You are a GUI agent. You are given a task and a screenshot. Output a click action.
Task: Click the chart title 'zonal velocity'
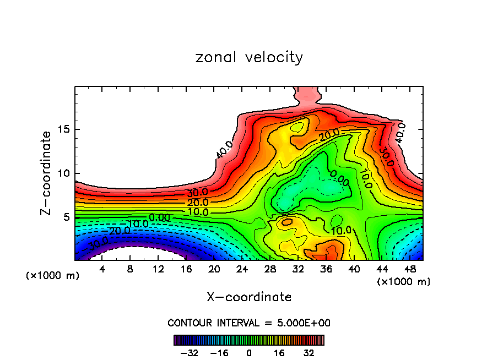249,57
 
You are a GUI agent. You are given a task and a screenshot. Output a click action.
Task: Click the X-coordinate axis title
249,297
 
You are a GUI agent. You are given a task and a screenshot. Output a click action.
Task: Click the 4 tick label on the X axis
102,269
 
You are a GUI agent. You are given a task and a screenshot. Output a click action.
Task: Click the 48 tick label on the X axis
409,269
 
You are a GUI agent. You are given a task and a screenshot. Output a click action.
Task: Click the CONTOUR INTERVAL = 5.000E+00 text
249,323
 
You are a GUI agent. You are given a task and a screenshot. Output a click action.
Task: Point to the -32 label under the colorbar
188,352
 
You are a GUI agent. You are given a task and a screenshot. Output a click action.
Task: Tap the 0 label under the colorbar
249,352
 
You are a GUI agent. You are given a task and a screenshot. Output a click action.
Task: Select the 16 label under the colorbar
279,352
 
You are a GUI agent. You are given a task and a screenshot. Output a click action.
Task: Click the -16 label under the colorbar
219,352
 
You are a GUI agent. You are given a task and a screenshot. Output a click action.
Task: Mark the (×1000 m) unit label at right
403,282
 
